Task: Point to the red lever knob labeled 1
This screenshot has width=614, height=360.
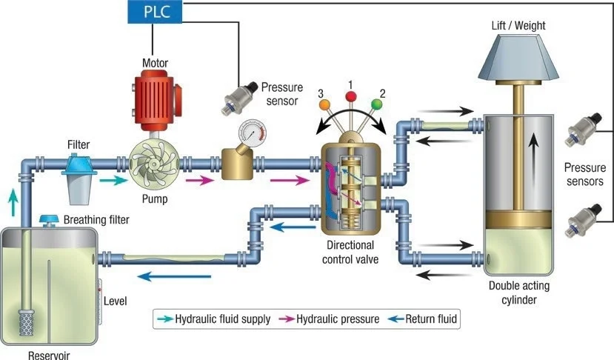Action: tap(352, 97)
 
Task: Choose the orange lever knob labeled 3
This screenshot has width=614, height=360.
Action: tap(324, 104)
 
